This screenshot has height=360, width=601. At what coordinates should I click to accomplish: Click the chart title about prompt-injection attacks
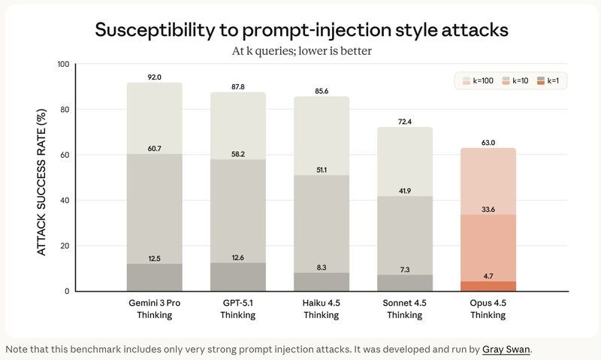click(x=300, y=30)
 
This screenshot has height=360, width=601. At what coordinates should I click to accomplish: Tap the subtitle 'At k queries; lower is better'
click(x=300, y=52)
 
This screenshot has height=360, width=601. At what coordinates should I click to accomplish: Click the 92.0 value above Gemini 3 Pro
click(x=155, y=77)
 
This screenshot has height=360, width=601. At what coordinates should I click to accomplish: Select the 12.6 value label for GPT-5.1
click(x=238, y=258)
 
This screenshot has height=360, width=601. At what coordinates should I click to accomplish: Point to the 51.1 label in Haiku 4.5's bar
click(x=322, y=170)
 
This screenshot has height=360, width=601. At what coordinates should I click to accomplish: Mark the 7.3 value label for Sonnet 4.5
click(x=405, y=269)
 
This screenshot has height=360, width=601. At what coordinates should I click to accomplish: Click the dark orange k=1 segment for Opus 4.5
click(x=488, y=286)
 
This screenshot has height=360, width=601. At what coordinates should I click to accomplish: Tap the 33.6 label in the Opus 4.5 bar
click(x=488, y=210)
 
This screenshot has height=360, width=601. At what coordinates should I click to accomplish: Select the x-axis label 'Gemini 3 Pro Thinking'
click(x=155, y=309)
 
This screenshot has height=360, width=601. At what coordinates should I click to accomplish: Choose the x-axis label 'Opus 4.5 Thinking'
click(x=488, y=309)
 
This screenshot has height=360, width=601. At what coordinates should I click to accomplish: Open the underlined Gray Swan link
click(x=507, y=349)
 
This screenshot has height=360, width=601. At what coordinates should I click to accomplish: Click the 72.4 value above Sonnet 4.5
click(x=405, y=122)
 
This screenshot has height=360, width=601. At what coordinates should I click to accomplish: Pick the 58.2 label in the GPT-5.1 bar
click(x=238, y=154)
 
